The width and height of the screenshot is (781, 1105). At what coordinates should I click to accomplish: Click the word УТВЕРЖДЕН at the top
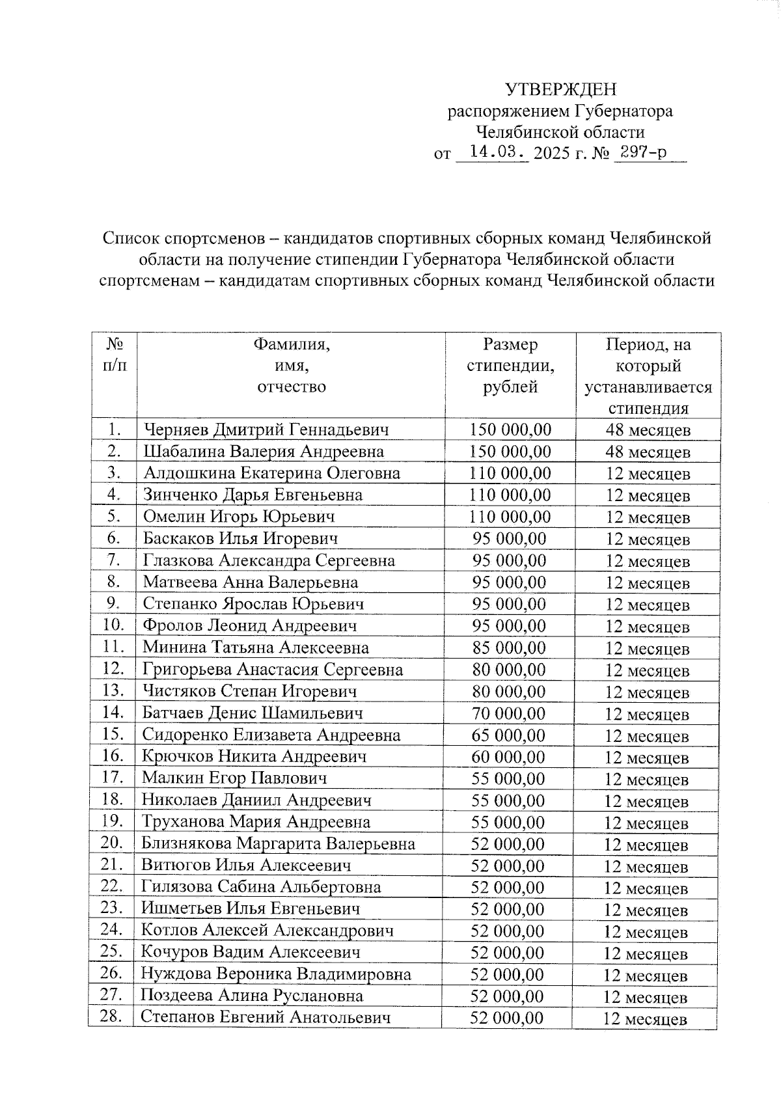tap(561, 89)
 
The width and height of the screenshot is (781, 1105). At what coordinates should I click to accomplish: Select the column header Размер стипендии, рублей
tap(510, 366)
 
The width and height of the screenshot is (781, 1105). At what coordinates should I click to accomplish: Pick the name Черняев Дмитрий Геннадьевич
tap(266, 430)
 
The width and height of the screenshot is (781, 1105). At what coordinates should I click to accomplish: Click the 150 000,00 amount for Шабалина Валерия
tap(510, 451)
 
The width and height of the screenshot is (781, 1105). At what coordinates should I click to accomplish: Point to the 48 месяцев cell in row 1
tap(648, 430)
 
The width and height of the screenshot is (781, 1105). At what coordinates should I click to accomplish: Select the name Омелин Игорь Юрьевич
tap(239, 517)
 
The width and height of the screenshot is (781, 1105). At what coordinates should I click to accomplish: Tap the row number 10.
tap(113, 625)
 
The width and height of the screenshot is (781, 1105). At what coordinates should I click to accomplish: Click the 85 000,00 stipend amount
tap(509, 648)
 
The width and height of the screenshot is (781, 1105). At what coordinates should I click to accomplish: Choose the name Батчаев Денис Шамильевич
tap(253, 713)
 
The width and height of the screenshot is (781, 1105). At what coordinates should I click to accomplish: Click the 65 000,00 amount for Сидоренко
tap(508, 735)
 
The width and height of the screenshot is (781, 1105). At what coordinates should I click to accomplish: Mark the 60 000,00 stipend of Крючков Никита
tap(508, 757)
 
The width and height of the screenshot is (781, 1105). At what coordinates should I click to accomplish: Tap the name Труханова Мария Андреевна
tap(256, 822)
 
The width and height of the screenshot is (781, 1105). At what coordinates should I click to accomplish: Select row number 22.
tap(112, 886)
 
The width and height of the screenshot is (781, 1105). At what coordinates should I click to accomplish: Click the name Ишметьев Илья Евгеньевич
tap(251, 908)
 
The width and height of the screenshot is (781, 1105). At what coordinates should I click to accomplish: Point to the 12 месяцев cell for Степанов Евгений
tap(645, 1019)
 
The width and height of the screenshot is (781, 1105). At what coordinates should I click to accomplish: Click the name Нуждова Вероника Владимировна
tap(276, 974)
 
